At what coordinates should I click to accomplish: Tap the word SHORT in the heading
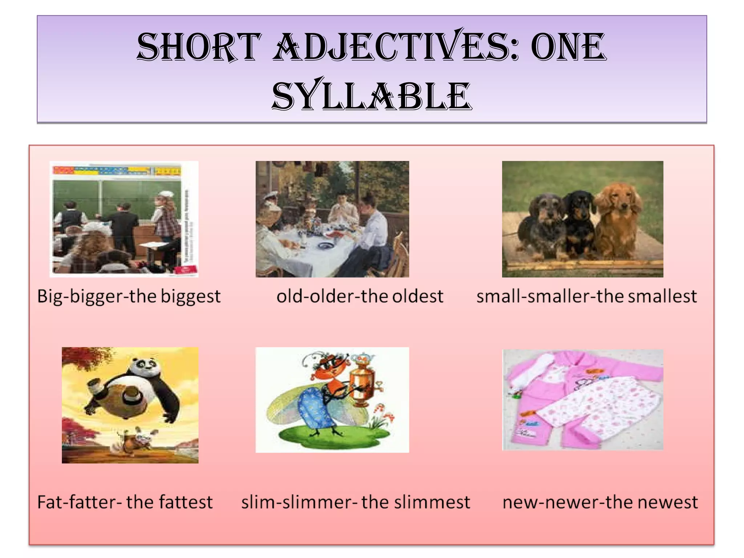[x=199, y=47]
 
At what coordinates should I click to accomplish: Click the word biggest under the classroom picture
[x=190, y=296]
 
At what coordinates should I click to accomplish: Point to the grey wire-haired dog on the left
[x=541, y=225]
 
